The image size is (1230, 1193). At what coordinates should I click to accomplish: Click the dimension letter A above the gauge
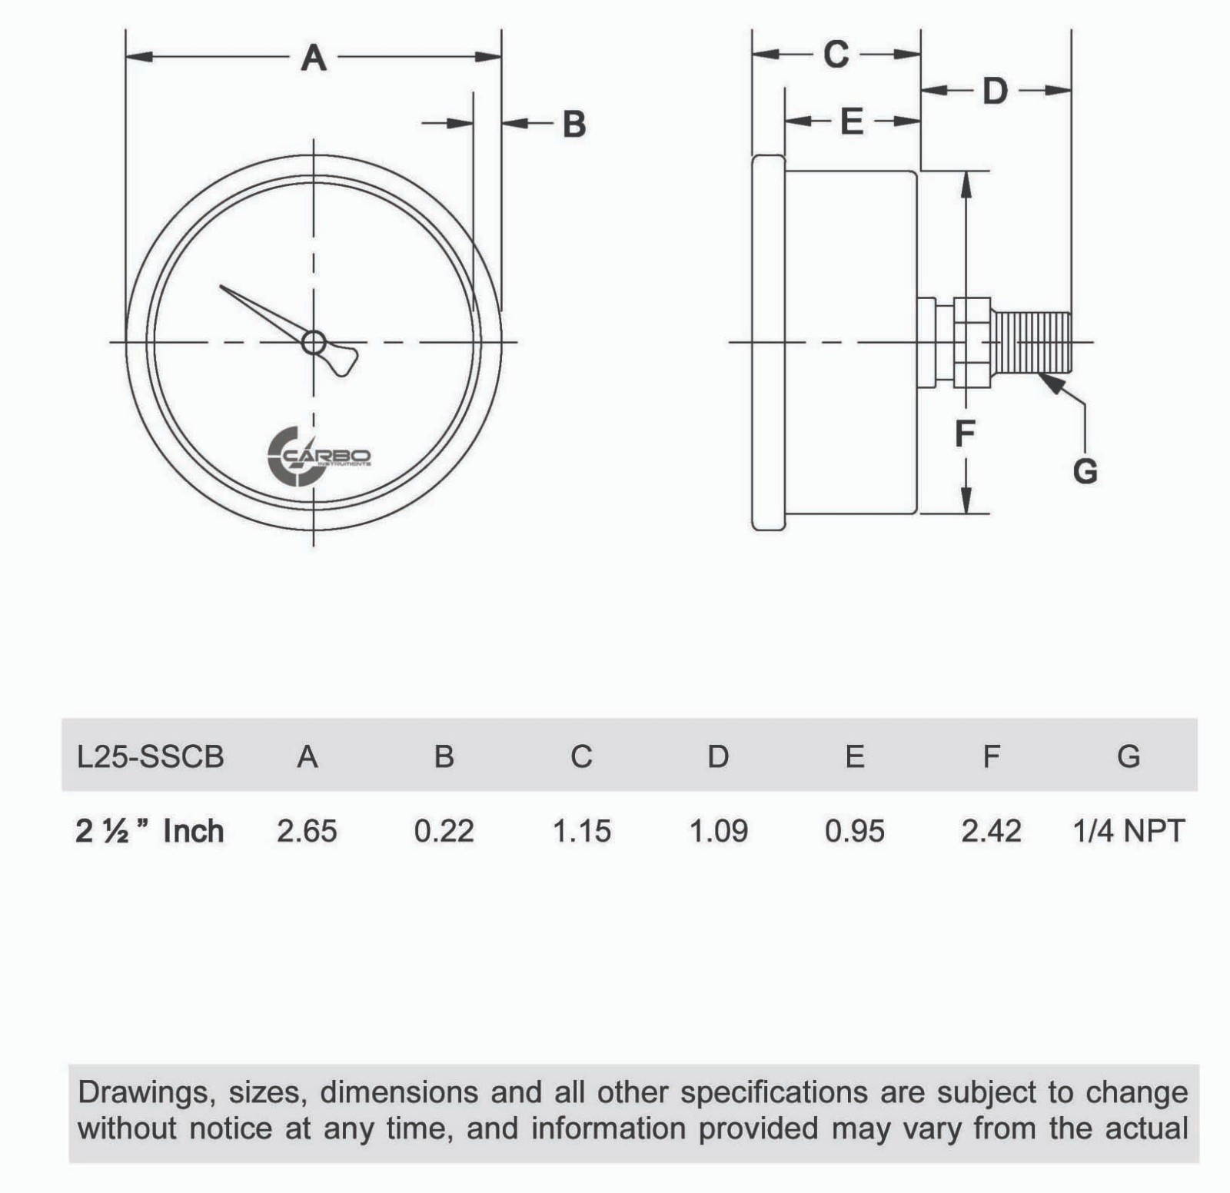point(314,58)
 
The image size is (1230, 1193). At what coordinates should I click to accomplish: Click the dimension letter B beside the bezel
point(574,125)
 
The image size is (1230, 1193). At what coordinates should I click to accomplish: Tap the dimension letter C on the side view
point(836,55)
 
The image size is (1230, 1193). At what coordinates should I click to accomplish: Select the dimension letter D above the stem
point(995,91)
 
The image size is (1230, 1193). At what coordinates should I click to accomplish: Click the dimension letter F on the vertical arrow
point(965,434)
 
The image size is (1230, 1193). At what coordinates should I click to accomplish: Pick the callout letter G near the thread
point(1085,470)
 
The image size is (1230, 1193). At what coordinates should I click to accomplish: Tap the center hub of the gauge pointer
point(314,342)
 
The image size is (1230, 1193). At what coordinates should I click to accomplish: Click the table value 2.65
point(307,831)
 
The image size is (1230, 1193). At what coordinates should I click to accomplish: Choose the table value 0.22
point(444,831)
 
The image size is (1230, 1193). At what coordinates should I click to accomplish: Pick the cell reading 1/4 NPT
point(1129,831)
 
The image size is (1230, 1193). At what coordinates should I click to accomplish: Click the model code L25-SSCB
point(151,757)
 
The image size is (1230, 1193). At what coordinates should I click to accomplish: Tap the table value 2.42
point(991,831)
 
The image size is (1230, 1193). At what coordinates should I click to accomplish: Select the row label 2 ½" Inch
point(150,831)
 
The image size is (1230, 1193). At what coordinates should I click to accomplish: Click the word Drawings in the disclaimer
point(145,1092)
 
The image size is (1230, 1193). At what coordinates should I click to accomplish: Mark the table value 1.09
point(718,831)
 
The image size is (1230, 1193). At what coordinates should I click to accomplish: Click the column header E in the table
point(854,757)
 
